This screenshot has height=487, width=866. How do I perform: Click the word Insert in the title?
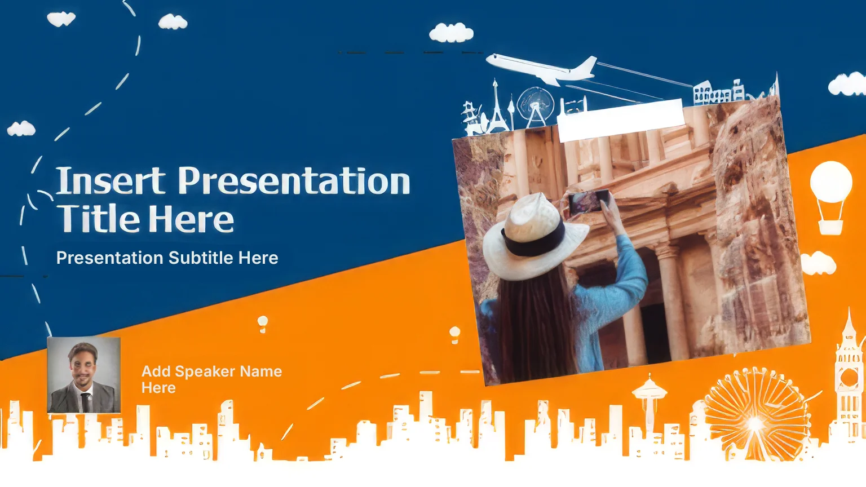tap(111, 180)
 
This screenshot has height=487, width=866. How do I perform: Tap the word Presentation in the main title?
tap(294, 181)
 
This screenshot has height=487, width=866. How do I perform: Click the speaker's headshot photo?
tap(83, 375)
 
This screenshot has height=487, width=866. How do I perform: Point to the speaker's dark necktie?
tap(86, 402)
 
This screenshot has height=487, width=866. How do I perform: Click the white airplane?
tap(541, 69)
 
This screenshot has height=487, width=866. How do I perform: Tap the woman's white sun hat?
tap(535, 234)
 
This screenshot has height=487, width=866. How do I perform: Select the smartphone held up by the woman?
tap(589, 202)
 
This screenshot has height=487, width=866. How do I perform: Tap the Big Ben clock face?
tap(849, 377)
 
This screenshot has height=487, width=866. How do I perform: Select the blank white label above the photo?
tap(621, 120)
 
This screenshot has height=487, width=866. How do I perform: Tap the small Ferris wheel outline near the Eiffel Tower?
tap(535, 107)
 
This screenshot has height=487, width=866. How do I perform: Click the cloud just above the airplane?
tap(451, 33)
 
